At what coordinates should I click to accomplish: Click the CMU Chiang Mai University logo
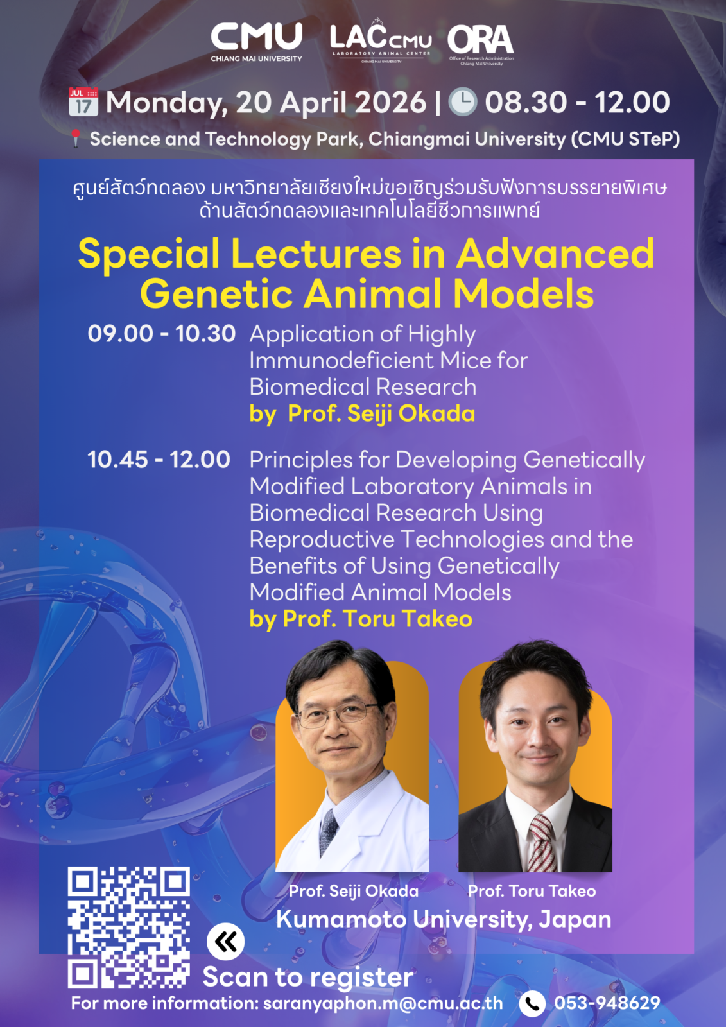(x=256, y=42)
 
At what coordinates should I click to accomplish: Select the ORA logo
(x=481, y=45)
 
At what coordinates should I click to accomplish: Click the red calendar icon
(x=83, y=101)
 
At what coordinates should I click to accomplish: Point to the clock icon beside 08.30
(x=462, y=101)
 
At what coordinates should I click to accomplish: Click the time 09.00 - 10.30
(x=161, y=334)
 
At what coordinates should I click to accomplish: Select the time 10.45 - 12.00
(x=159, y=460)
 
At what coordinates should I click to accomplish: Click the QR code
(x=129, y=928)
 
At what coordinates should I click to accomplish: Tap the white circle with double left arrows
(x=226, y=942)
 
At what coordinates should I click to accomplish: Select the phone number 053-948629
(x=607, y=1003)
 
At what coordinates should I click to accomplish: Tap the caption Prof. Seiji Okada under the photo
(x=354, y=891)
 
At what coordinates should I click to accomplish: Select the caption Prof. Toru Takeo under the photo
(x=532, y=891)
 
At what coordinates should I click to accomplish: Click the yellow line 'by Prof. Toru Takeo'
(x=361, y=619)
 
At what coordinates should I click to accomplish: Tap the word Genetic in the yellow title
(x=216, y=294)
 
